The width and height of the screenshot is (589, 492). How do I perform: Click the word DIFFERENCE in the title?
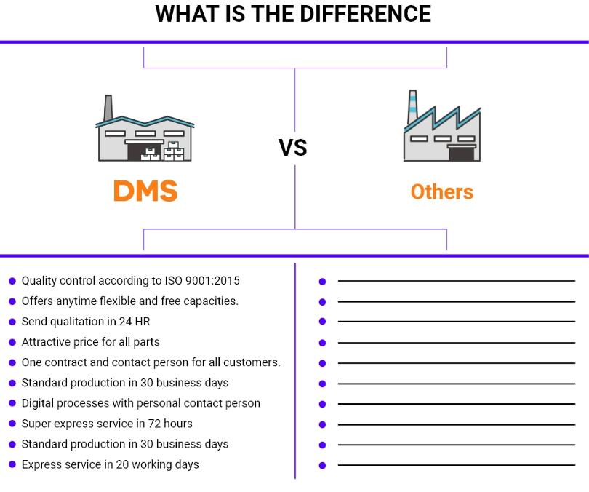(365, 14)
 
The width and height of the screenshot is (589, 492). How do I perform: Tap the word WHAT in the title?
(187, 14)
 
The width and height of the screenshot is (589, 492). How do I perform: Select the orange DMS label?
(145, 191)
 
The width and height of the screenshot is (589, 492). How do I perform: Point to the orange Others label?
(442, 191)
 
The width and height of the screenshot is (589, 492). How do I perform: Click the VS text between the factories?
(293, 147)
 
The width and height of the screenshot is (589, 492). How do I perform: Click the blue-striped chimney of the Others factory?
(413, 107)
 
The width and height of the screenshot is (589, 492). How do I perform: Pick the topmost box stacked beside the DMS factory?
(173, 145)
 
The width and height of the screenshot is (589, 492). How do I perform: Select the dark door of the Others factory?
(462, 154)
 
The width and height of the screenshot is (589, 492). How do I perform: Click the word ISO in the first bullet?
(173, 280)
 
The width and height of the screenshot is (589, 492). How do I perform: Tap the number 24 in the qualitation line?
(125, 322)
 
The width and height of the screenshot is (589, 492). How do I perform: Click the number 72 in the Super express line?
(154, 424)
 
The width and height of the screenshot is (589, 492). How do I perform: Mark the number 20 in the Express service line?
(122, 464)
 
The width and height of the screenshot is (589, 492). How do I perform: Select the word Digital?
(38, 403)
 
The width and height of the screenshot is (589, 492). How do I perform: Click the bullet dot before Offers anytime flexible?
(12, 301)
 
